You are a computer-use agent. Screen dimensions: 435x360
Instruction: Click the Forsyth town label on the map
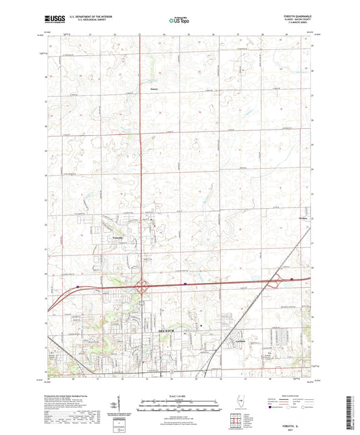pyautogui.click(x=116, y=238)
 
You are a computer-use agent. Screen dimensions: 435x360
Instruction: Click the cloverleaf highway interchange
pyautogui.click(x=144, y=286)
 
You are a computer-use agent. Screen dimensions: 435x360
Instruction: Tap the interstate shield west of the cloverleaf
pyautogui.click(x=78, y=286)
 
